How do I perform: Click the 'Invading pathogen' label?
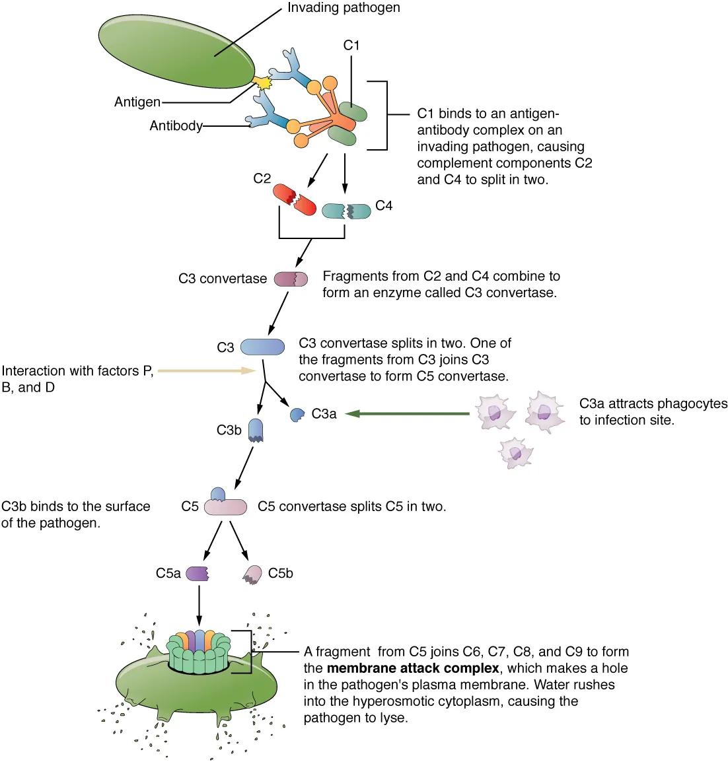click(343, 8)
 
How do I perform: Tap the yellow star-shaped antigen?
click(264, 83)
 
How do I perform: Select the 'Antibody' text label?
click(176, 125)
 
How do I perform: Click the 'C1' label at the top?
click(351, 45)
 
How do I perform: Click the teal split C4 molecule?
click(346, 211)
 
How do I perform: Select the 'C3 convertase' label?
click(223, 279)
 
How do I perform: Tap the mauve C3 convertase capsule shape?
click(291, 279)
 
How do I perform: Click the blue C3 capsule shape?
click(262, 347)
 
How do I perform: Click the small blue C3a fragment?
click(297, 415)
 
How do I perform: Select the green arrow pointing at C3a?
click(407, 414)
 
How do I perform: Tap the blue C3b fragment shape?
click(256, 430)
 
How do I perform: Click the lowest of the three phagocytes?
click(515, 452)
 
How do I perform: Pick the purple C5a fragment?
click(198, 573)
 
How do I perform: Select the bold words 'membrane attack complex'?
click(412, 668)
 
